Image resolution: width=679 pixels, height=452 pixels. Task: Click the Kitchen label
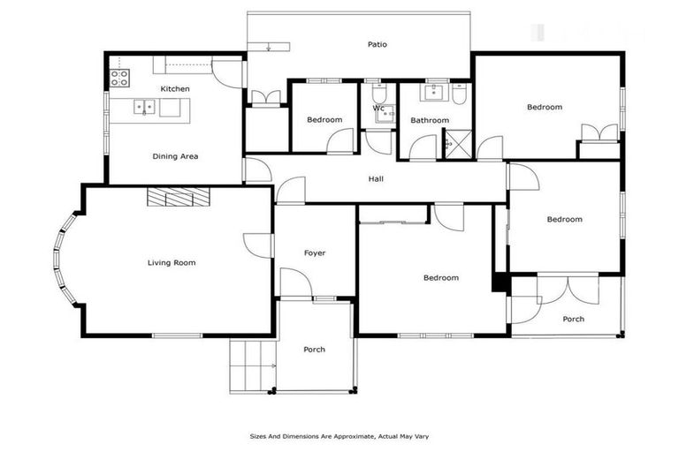(174, 89)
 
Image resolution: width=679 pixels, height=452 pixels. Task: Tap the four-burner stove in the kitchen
(119, 78)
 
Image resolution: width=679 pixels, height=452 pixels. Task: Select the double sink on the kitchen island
(145, 108)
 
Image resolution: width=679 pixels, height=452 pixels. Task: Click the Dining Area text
(175, 156)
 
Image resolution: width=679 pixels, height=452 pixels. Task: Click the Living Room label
(172, 262)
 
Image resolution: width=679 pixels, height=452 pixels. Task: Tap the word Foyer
(315, 253)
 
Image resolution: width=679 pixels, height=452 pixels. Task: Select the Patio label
(378, 44)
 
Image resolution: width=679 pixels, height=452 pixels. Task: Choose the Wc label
(378, 109)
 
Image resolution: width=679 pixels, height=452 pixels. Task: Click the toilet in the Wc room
(379, 94)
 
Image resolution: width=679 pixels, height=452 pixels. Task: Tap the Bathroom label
(430, 120)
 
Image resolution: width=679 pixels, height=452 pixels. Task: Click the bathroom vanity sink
(435, 92)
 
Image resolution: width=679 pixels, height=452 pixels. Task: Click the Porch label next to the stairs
(314, 350)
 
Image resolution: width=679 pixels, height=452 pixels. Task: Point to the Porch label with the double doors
(573, 319)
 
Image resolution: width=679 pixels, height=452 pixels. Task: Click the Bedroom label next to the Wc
(324, 120)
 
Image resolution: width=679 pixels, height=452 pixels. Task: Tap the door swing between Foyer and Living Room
(254, 245)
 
